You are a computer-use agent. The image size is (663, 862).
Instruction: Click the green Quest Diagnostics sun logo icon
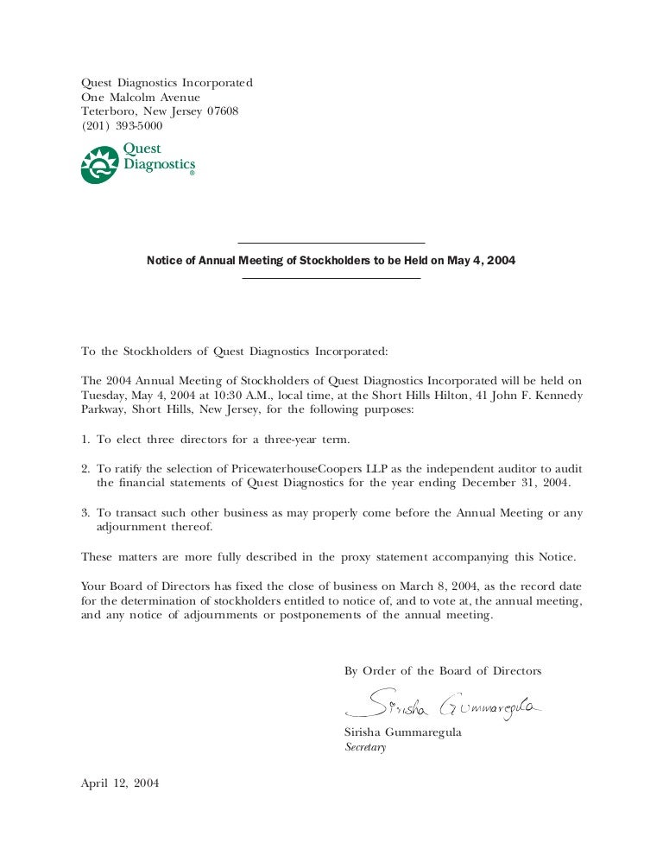99,165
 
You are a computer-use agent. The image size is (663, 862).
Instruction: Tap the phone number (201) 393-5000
122,126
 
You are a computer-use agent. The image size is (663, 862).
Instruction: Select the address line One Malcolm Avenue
141,98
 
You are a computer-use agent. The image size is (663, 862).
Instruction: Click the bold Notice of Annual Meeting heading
331,260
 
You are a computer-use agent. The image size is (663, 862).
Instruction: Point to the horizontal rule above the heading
331,244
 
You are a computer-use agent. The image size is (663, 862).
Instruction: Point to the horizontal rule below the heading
331,278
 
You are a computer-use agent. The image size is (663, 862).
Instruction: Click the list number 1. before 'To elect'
85,440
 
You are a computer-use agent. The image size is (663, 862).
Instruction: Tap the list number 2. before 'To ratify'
85,467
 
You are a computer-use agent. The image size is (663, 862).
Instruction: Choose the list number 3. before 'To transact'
85,512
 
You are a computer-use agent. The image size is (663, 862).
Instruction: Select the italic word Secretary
365,747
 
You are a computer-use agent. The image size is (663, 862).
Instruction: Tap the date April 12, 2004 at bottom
120,783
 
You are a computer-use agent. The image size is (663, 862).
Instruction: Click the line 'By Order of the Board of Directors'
443,671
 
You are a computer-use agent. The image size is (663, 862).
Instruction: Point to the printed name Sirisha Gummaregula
402,732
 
